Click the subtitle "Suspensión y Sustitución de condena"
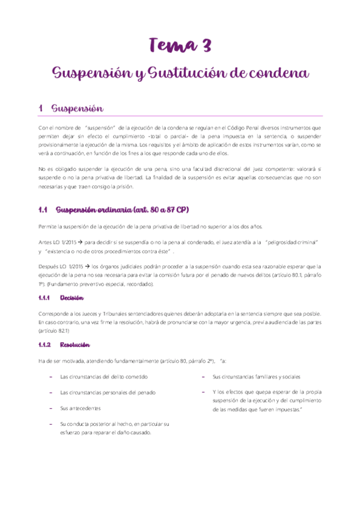[180, 73]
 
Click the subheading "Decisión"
[72, 298]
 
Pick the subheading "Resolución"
[75, 345]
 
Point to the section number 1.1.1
[44, 298]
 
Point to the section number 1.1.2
[45, 345]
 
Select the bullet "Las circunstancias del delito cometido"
[103, 376]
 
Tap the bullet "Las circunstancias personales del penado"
[108, 392]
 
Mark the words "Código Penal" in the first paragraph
[243, 128]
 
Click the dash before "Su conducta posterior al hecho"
[50, 423]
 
